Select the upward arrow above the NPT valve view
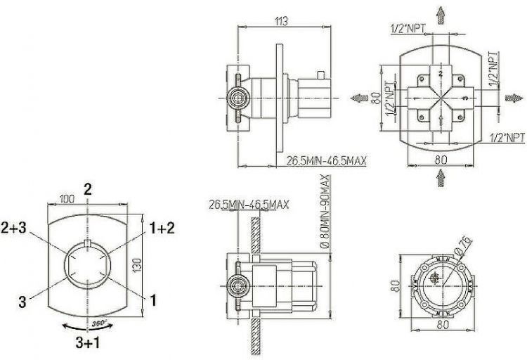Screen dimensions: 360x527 click(441, 14)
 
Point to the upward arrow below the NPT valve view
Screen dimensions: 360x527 click(441, 179)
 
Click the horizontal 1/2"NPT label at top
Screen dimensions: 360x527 click(407, 28)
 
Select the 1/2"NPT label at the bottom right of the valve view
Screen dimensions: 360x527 click(507, 136)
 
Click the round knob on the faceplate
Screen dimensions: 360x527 click(87, 266)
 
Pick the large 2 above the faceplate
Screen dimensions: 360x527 click(87, 188)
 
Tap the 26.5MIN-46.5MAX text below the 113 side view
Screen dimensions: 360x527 click(326, 161)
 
